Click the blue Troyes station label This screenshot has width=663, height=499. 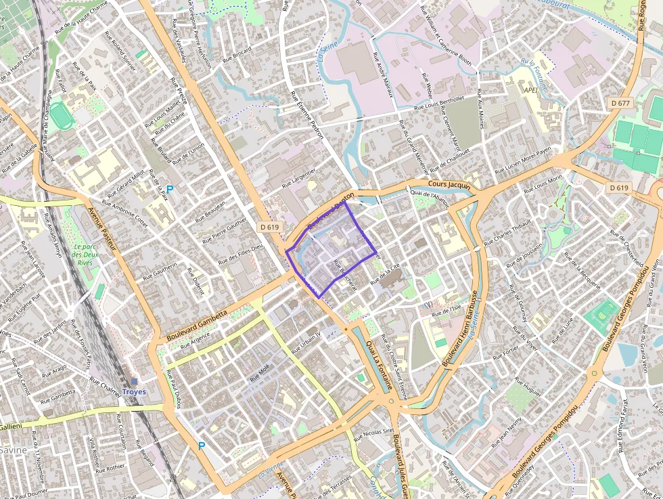point(134,392)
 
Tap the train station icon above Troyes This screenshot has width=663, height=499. point(134,382)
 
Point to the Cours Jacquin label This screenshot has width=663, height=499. point(449,184)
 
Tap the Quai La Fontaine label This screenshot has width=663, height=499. point(379,366)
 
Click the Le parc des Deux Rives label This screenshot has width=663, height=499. point(85,255)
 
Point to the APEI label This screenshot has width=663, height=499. point(532,89)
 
